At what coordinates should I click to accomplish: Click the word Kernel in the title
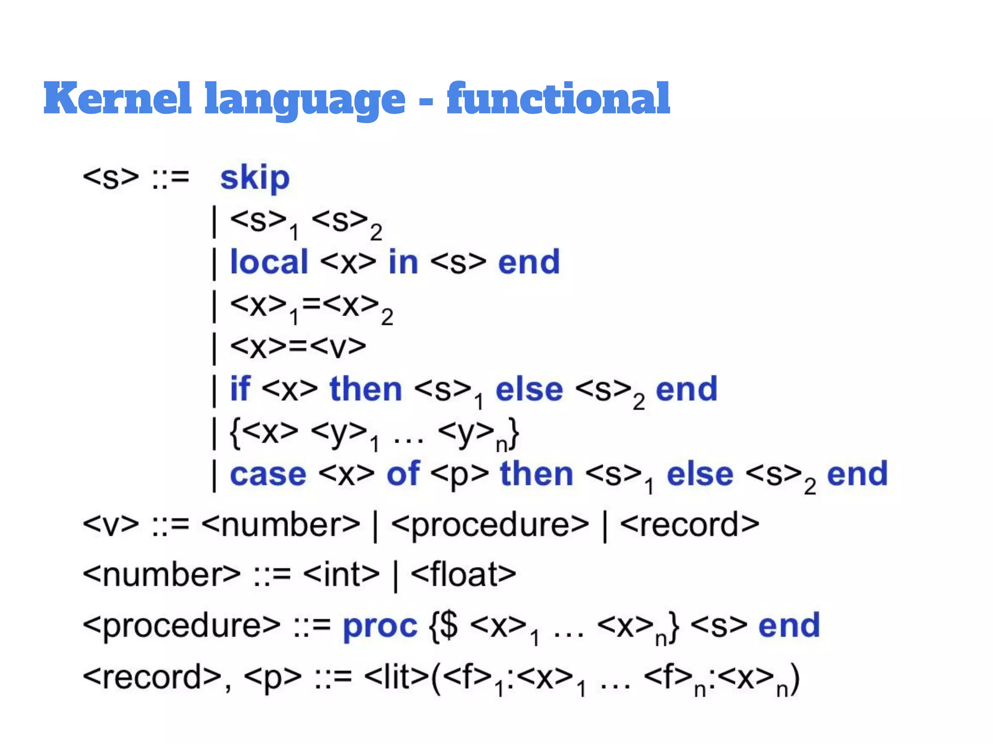(117, 98)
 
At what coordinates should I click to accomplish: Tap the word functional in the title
(558, 98)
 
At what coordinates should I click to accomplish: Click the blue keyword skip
(255, 178)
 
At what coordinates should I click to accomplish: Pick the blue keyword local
(269, 262)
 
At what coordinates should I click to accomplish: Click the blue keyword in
(403, 262)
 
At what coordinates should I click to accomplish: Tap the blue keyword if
(240, 389)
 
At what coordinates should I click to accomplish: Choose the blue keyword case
(268, 474)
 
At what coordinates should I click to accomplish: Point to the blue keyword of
(403, 474)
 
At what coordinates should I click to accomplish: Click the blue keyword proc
(380, 626)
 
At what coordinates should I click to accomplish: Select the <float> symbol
(464, 575)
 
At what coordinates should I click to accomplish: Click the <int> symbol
(341, 575)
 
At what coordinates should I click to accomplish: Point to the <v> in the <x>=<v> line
(338, 347)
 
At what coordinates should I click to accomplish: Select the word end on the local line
(529, 262)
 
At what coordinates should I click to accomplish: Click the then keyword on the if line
(366, 389)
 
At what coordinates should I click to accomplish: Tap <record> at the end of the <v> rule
(689, 525)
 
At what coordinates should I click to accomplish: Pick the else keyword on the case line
(700, 474)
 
